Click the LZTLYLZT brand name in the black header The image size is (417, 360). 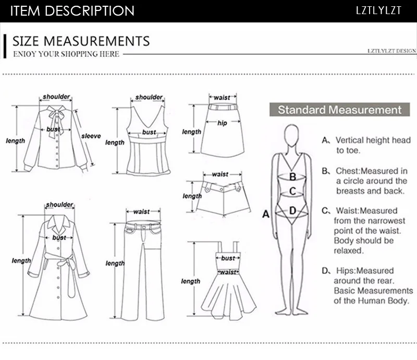[x=379, y=10]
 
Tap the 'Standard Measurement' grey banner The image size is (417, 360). [x=339, y=110]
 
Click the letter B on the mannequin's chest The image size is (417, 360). [x=293, y=177]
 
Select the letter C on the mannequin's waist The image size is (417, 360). [x=292, y=191]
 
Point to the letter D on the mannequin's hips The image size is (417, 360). [x=292, y=211]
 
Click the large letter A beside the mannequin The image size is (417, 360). [x=265, y=214]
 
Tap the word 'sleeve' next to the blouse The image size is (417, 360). [x=91, y=136]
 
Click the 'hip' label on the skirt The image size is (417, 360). [x=223, y=123]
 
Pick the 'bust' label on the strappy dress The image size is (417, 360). [x=228, y=258]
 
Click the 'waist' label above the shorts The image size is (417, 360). [x=220, y=174]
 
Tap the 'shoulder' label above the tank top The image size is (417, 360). [x=149, y=98]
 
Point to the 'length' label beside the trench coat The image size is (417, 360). [x=21, y=261]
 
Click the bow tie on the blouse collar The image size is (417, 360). [x=54, y=116]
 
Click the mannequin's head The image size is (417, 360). [x=292, y=137]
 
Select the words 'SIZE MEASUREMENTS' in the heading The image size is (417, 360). [x=81, y=41]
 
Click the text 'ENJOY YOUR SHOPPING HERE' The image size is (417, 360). [x=66, y=54]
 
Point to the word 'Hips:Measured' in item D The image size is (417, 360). [x=364, y=271]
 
